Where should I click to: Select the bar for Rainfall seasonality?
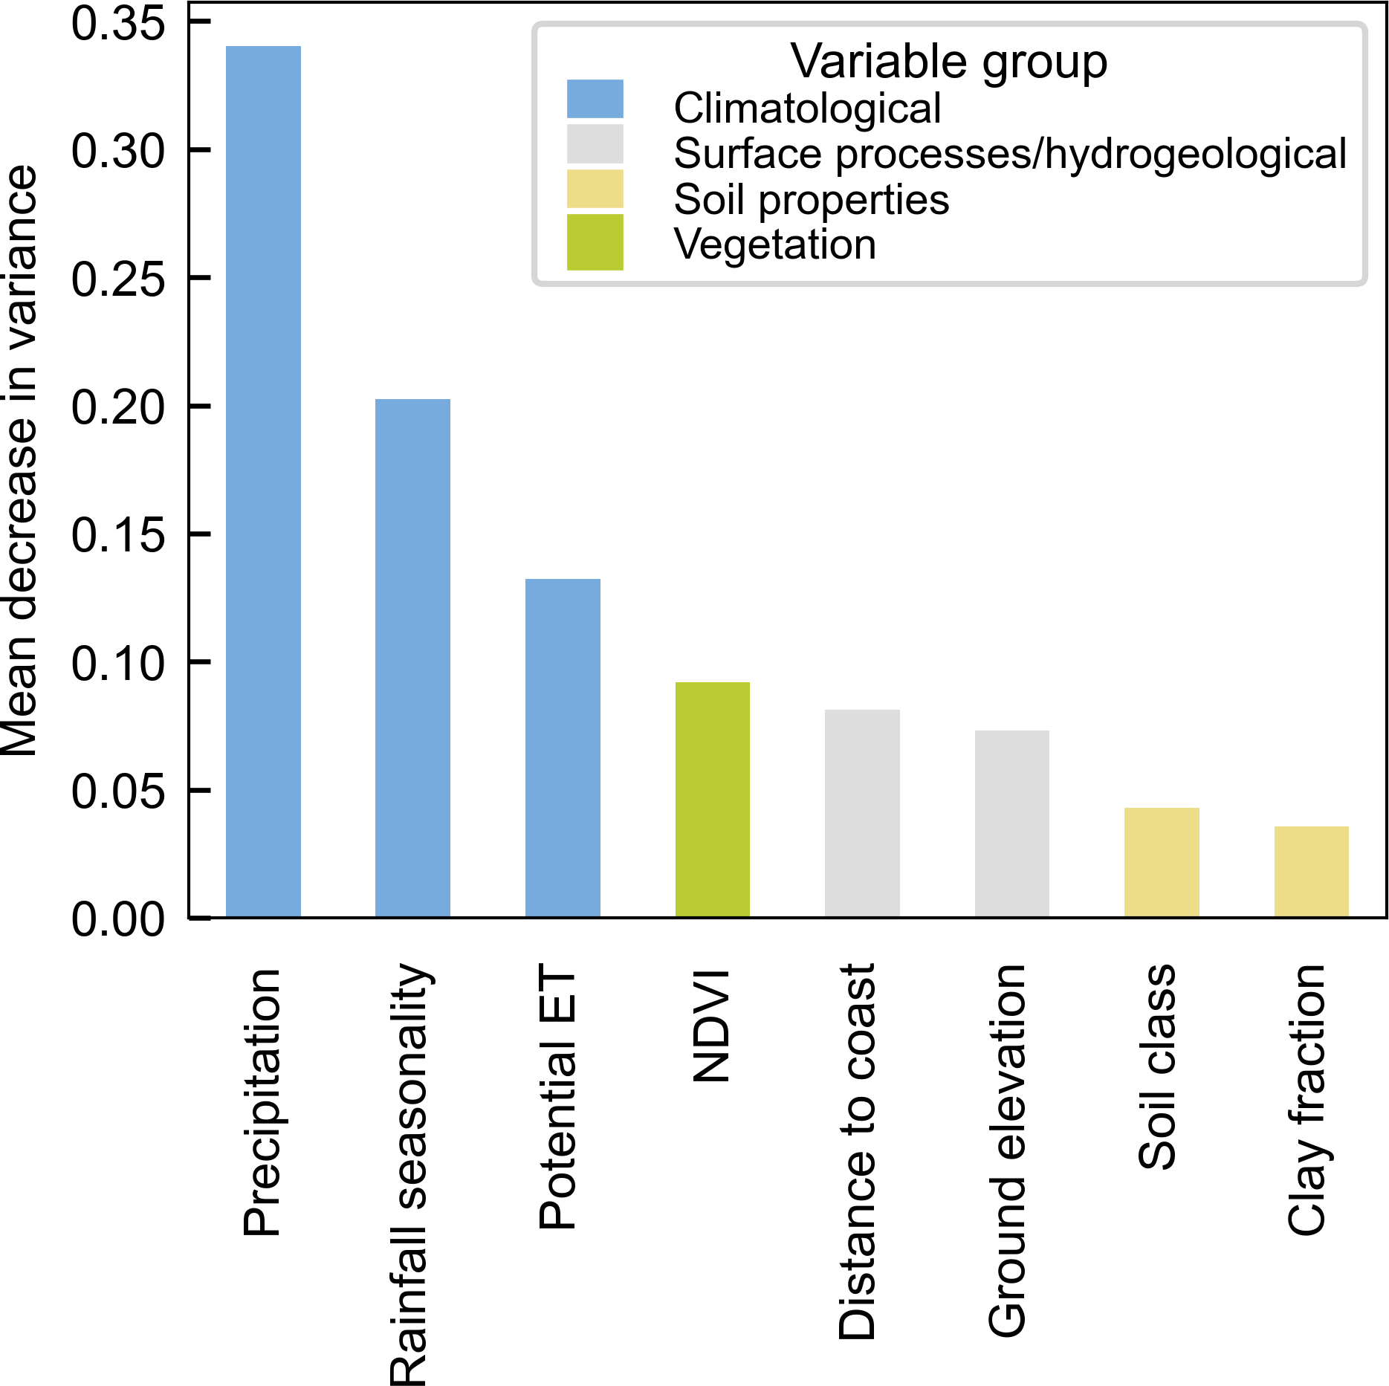[412, 658]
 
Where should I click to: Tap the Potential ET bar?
[563, 748]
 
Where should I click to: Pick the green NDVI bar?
[712, 799]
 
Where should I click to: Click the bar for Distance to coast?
[862, 813]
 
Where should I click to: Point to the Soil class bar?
[1162, 862]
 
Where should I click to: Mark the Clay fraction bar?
[1311, 871]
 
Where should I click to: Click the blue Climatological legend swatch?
[595, 99]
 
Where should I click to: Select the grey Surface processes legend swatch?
[595, 143]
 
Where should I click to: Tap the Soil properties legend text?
[811, 199]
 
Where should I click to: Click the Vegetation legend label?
[774, 244]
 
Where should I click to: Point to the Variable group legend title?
[948, 61]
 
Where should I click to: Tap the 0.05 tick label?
[117, 791]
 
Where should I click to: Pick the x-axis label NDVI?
[711, 1026]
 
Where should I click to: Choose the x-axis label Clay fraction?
[1307, 1100]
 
